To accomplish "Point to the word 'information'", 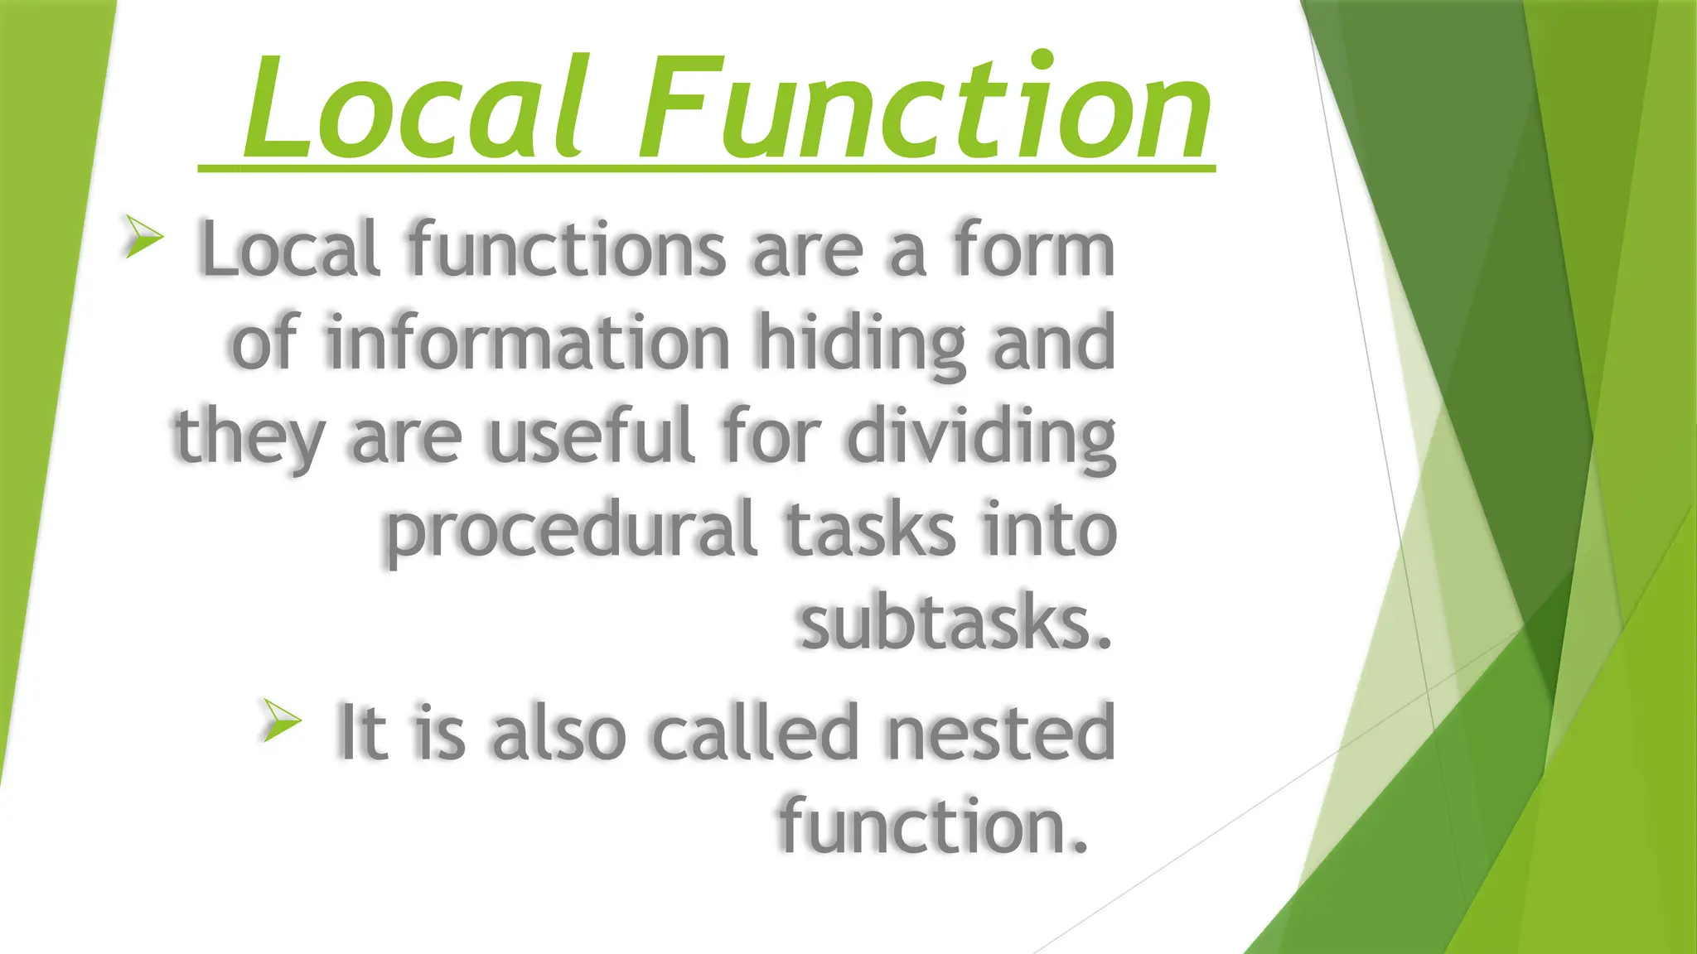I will point(528,341).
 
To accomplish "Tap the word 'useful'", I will point(591,436).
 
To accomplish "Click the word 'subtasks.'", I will point(955,623).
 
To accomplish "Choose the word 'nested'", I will point(1000,732).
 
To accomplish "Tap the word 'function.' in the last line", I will point(933,825).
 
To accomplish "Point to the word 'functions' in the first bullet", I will point(567,248).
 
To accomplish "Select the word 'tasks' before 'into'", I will point(870,530).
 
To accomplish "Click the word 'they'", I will point(249,437).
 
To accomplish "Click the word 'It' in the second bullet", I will point(362,732).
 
